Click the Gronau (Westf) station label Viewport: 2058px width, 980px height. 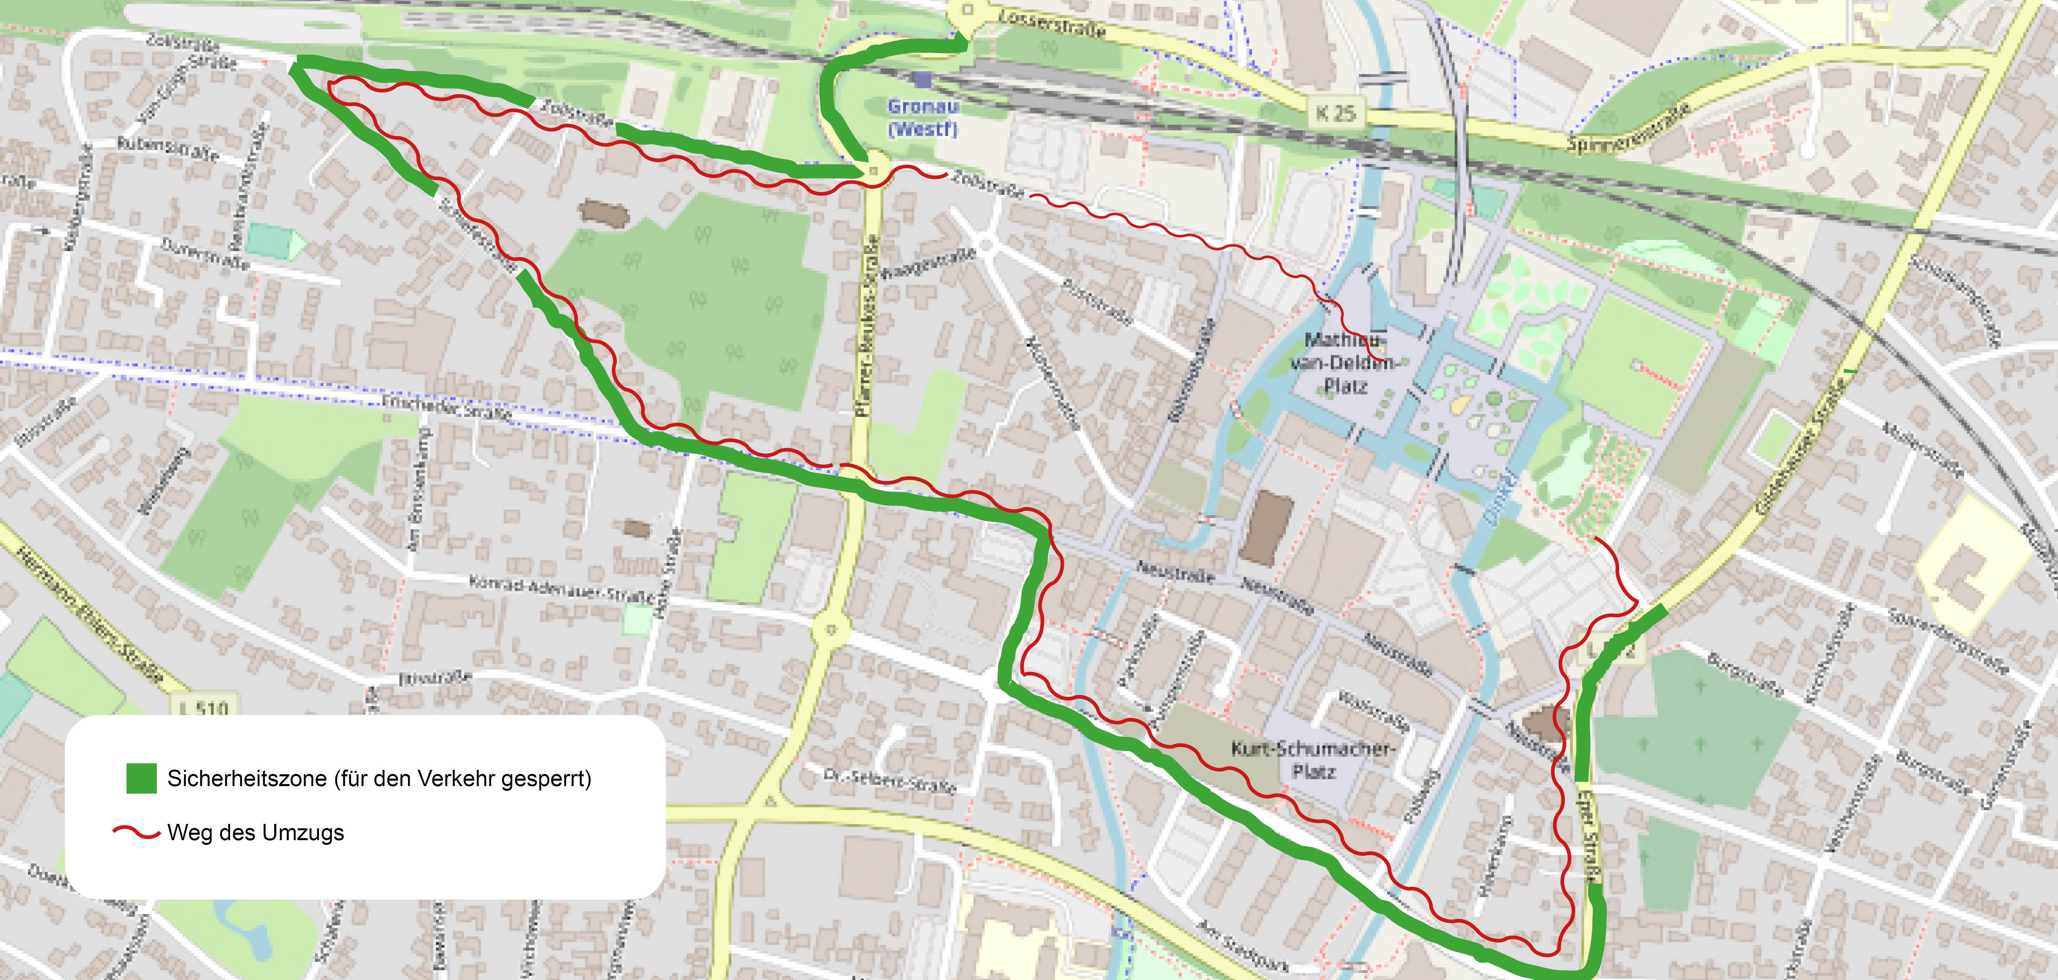(923, 118)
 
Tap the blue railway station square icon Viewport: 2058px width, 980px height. (924, 80)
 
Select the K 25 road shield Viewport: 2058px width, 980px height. (1336, 113)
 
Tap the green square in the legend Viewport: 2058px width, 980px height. (142, 778)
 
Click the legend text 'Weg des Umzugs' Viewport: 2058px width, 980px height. (256, 833)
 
